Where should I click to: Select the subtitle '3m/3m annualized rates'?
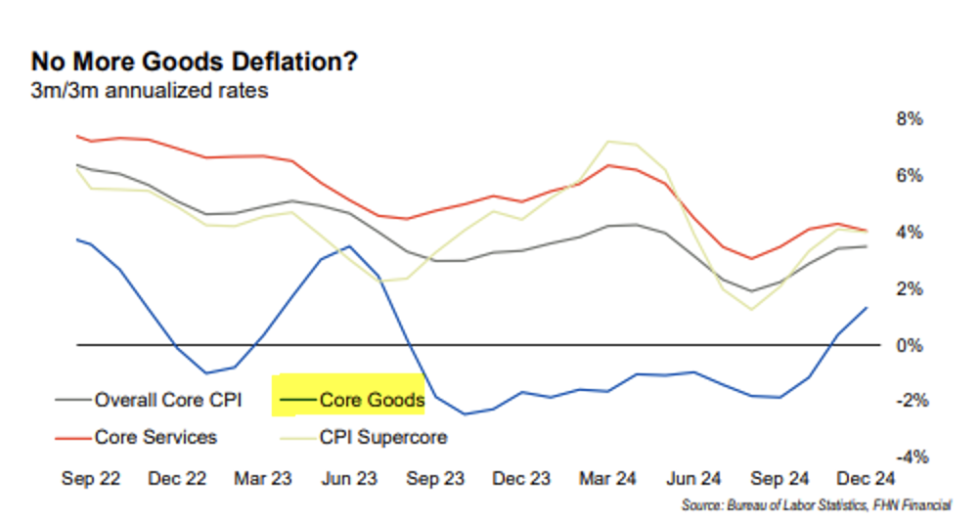pyautogui.click(x=150, y=93)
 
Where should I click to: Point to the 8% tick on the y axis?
pyautogui.click(x=910, y=119)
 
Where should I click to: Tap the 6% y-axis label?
pyautogui.click(x=910, y=176)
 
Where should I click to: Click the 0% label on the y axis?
pyautogui.click(x=910, y=345)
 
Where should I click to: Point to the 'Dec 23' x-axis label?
pyautogui.click(x=521, y=479)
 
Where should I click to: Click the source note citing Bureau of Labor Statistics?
pyautogui.click(x=817, y=506)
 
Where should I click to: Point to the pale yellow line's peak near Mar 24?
pyautogui.click(x=610, y=142)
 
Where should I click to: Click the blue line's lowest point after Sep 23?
pyautogui.click(x=464, y=413)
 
